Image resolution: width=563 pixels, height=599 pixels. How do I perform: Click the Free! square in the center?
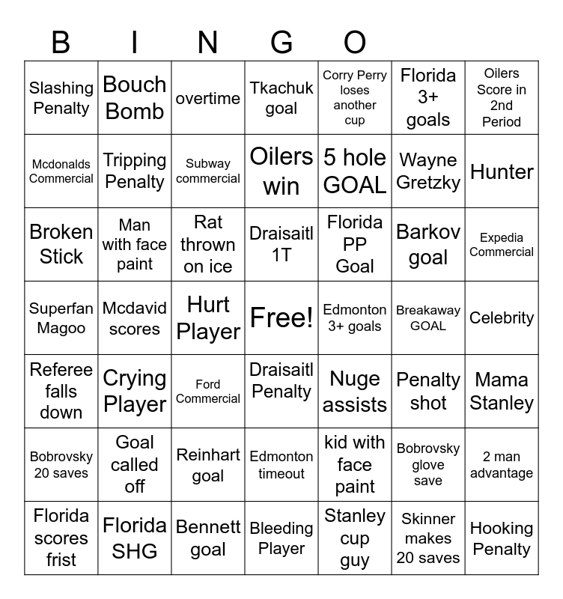coord(281,318)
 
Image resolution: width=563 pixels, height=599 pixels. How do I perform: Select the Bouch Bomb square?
coord(135,98)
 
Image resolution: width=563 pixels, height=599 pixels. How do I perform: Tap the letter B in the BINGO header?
coord(61,43)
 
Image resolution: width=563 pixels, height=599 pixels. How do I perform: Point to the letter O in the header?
coord(355,43)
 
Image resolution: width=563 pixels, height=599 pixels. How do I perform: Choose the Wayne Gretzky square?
coord(428,171)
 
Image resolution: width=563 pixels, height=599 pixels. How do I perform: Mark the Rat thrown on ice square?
coord(208,245)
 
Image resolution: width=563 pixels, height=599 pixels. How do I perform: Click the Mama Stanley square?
coord(502,392)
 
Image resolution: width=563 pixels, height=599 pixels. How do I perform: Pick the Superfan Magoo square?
coord(61,318)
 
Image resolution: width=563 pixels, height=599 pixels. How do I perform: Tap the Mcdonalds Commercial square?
coord(61,171)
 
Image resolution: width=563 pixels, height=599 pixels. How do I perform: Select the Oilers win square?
coord(281,171)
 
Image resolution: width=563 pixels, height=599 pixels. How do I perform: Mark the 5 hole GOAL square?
coord(355,171)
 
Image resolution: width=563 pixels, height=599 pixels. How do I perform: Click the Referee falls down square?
coord(61,392)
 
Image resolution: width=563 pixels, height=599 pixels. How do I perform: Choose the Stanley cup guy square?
coord(355,538)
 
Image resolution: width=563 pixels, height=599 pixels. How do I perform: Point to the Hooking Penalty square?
coord(502,538)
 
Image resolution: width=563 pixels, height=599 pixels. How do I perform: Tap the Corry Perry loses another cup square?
coord(355,98)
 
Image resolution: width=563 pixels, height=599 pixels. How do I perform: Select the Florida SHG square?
coord(135,538)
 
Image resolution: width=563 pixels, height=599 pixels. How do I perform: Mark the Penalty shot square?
coord(428,392)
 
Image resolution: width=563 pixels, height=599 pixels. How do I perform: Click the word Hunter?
coord(502,171)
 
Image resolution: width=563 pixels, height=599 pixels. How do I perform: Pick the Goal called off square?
coord(135,465)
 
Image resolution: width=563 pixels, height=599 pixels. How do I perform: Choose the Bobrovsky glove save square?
coord(428,465)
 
